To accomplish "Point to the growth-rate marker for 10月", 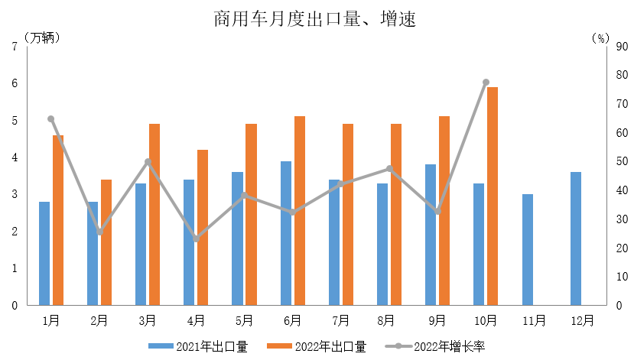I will click(x=486, y=82).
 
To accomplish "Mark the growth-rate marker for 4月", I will click(x=196, y=239).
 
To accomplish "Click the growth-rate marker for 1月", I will click(x=51, y=118).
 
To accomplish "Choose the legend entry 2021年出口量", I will click(x=198, y=347).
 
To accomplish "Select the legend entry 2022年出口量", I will click(x=317, y=347).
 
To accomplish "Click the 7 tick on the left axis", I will click(x=15, y=47).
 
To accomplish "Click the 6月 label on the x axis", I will click(x=291, y=320).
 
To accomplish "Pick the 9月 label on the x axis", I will click(x=437, y=320).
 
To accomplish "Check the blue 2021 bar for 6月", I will click(x=285, y=233).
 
